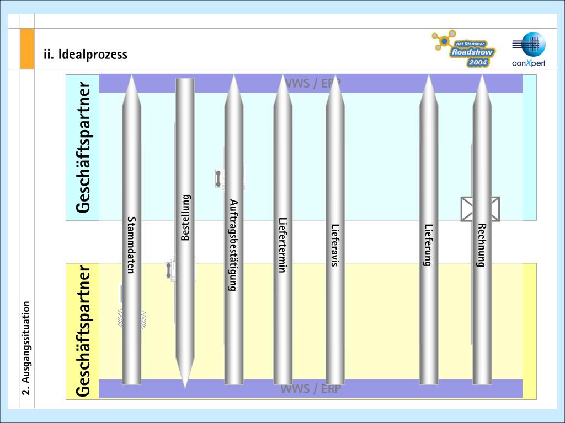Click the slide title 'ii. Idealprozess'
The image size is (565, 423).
coord(86,55)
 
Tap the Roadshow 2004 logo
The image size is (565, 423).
coord(463,50)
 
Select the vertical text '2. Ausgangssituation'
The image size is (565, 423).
coord(26,348)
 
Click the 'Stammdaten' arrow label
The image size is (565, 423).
coord(131,245)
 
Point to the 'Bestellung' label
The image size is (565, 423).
coord(185,218)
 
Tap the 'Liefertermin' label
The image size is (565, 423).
coord(282,245)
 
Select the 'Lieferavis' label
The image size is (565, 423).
coord(335,245)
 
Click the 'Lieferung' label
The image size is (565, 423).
coord(428,245)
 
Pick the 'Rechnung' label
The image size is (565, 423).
coord(481,245)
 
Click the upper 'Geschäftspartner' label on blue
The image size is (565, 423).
coord(83,148)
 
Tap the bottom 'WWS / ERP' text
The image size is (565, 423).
coord(311,389)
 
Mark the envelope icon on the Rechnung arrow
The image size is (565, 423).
coord(480,209)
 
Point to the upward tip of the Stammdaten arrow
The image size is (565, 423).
coord(131,80)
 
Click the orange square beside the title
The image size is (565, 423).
coord(27,49)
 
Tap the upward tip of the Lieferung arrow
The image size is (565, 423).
coord(428,80)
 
